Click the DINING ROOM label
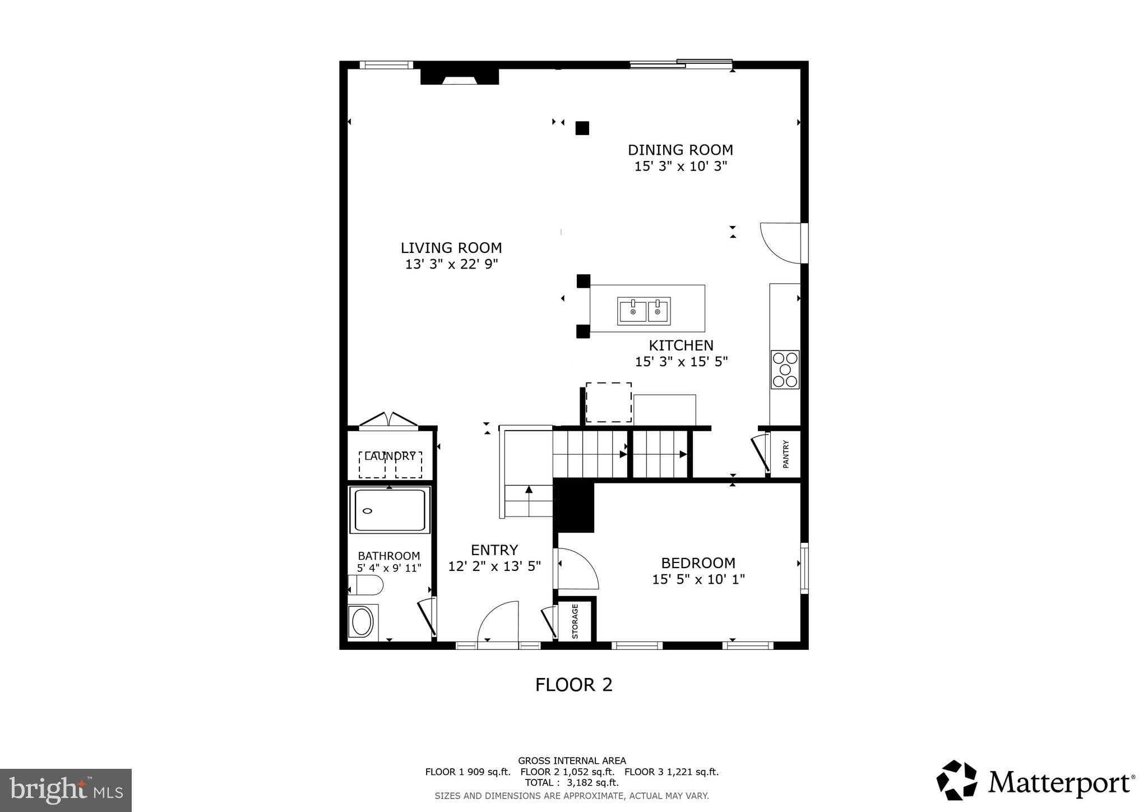tap(680, 150)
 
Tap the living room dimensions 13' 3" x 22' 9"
tap(451, 264)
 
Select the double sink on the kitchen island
tap(644, 311)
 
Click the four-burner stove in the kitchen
tap(785, 370)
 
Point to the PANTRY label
tap(785, 454)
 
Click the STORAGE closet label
tap(575, 621)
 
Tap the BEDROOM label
tap(698, 563)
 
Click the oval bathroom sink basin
tap(362, 622)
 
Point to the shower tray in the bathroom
tap(390, 510)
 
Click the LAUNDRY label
tap(390, 456)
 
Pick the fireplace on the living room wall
tap(460, 77)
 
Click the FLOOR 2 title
tap(573, 685)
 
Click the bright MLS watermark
tap(66, 790)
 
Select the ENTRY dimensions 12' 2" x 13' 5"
tap(494, 566)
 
